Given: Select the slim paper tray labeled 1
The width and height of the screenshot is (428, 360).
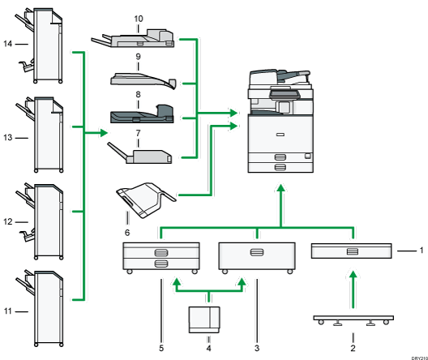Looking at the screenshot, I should pyautogui.click(x=351, y=252).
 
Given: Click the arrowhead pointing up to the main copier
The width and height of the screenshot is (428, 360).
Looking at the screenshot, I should pyautogui.click(x=280, y=189).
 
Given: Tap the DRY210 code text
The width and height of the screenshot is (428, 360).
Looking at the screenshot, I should pyautogui.click(x=413, y=354).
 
